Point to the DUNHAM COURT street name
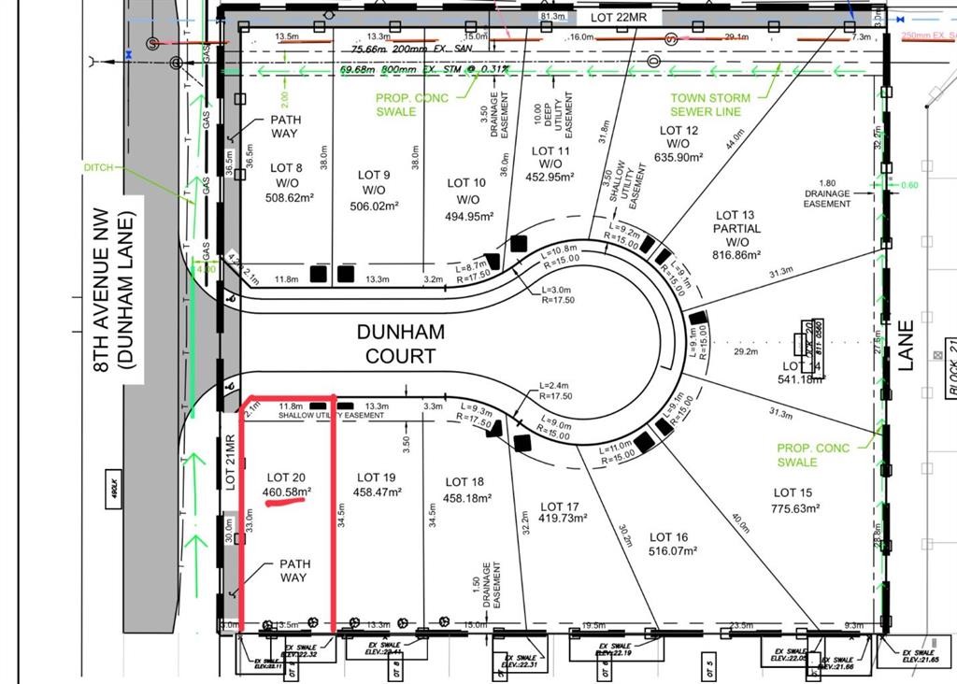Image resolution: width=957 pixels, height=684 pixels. (x=400, y=344)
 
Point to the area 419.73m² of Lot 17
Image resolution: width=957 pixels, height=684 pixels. (x=563, y=519)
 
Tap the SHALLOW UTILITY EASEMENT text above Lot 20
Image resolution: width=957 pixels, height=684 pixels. (x=331, y=415)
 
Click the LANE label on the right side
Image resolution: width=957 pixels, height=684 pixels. (x=905, y=346)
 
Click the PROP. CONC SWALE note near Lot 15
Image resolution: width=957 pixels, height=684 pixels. (x=814, y=455)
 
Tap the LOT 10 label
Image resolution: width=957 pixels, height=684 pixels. (x=466, y=183)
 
